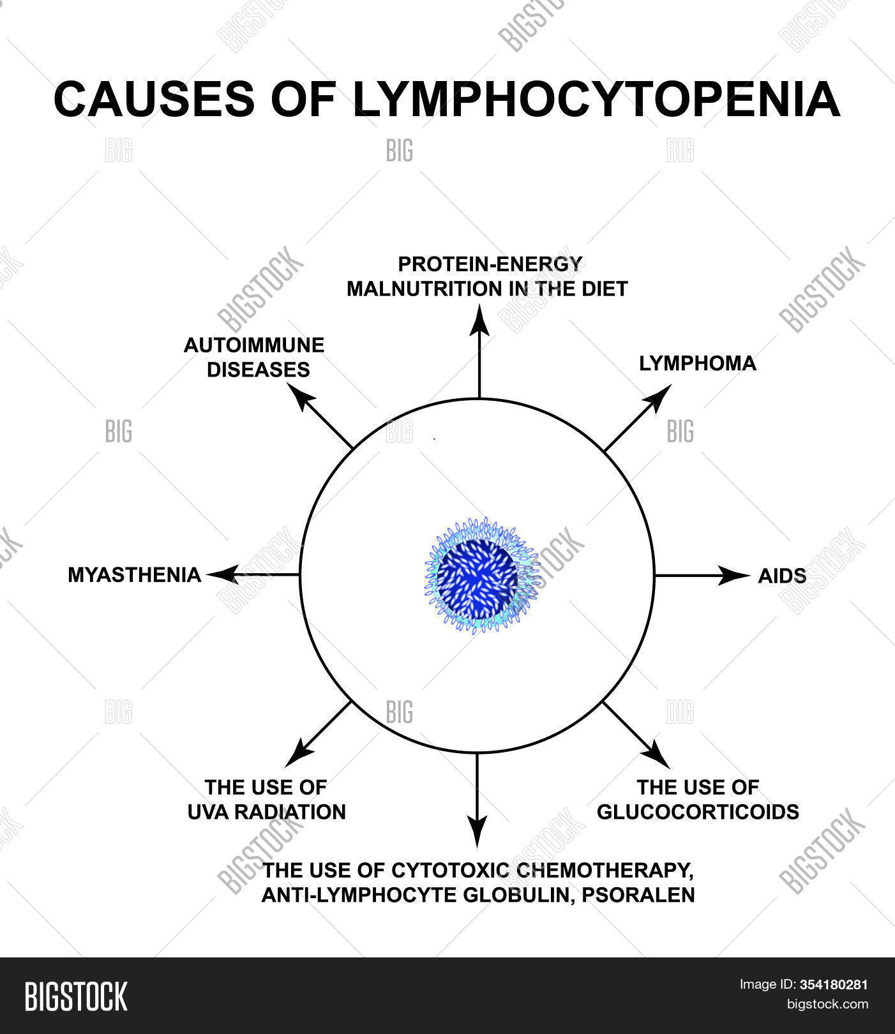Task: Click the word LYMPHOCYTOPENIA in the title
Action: click(596, 99)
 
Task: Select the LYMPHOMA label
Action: click(697, 364)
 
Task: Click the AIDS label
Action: click(782, 576)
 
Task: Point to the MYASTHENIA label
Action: click(134, 575)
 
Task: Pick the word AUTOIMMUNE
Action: click(254, 345)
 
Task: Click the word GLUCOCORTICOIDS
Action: click(698, 812)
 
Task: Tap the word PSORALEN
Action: click(645, 895)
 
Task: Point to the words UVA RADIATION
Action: click(266, 812)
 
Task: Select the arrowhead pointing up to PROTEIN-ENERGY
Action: click(479, 321)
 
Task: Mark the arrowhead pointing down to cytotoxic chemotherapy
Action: click(476, 833)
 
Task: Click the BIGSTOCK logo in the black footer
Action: click(75, 996)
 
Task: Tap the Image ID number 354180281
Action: click(834, 985)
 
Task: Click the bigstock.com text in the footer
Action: click(827, 1005)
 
